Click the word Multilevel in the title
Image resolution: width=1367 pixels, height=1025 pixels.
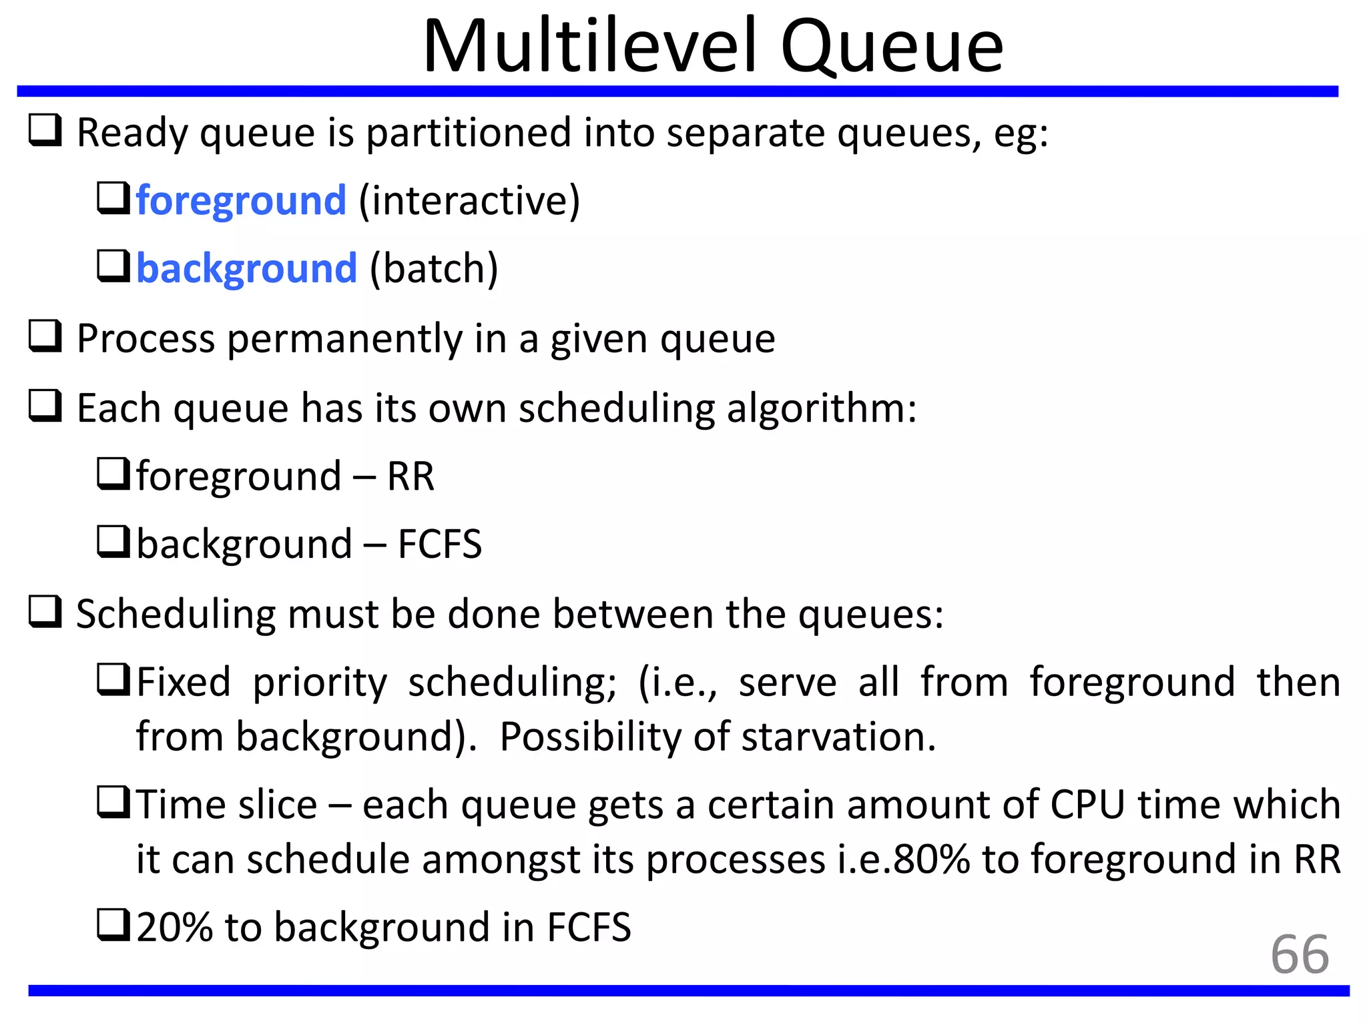tap(590, 47)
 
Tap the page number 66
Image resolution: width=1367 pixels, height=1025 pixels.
tap(1299, 954)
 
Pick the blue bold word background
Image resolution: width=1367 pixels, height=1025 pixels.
tap(247, 268)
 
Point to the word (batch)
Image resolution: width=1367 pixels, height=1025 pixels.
tap(434, 268)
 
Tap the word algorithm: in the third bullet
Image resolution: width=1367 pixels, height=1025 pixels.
tap(821, 408)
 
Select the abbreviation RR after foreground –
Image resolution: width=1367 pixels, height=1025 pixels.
tap(411, 476)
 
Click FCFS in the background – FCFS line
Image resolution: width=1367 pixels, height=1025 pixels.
tap(439, 544)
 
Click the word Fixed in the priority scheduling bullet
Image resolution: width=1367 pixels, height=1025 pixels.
tap(184, 682)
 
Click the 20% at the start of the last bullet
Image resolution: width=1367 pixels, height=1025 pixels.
tap(174, 927)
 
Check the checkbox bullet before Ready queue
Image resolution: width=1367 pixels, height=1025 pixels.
tap(45, 130)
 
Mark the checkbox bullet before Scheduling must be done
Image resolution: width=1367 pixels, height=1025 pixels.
tap(45, 612)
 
